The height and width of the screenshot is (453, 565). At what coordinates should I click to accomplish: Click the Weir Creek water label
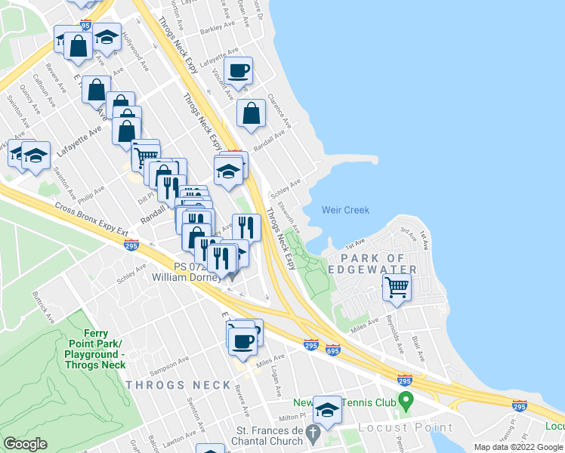click(x=345, y=210)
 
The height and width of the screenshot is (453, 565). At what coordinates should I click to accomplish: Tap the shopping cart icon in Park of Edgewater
click(x=397, y=287)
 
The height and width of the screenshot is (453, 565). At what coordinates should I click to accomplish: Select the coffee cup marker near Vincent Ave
click(x=239, y=72)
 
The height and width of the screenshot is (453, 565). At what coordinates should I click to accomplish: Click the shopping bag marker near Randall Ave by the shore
click(x=251, y=114)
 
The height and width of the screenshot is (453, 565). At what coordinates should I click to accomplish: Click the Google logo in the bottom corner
click(x=25, y=444)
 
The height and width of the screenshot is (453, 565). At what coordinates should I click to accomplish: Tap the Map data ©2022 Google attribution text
click(x=518, y=447)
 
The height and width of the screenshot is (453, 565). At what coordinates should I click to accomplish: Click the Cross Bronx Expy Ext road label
click(x=88, y=220)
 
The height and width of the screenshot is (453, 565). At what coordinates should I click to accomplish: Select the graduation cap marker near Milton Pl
click(x=327, y=409)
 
